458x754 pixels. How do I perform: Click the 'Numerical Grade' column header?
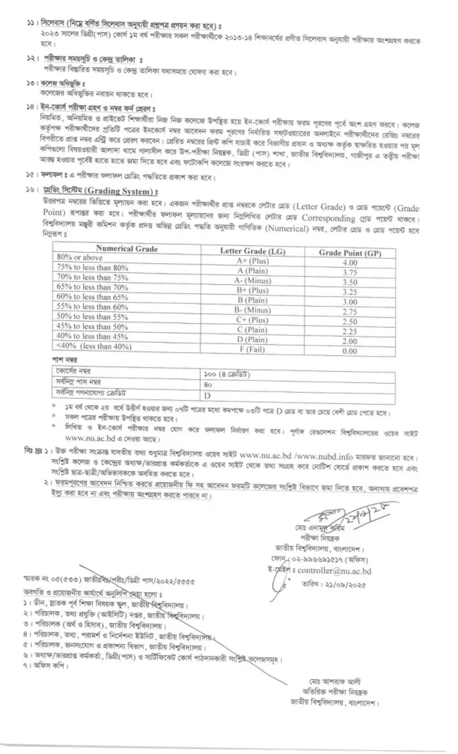(x=126, y=249)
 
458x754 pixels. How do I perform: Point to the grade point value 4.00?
(x=349, y=263)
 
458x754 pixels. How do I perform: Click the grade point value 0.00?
(x=349, y=351)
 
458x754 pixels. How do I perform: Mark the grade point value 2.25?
(x=349, y=332)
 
